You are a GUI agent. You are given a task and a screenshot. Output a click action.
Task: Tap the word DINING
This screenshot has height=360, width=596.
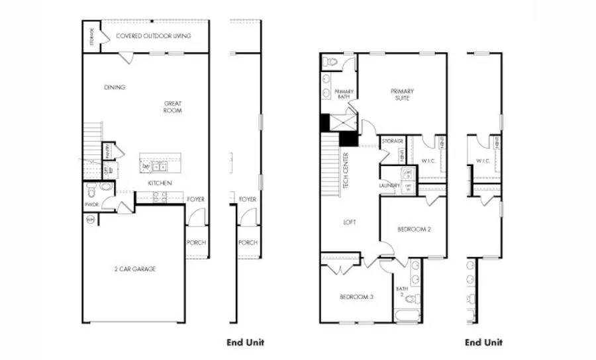point(115,87)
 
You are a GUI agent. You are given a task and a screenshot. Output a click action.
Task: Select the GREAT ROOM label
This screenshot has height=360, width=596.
point(173,107)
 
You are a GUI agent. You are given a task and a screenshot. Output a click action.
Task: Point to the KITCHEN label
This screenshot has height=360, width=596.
point(160,183)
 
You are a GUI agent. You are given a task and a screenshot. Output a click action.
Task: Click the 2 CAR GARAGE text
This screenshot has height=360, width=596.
point(135,269)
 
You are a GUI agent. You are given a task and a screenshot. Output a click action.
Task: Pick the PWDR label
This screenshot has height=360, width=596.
point(91,205)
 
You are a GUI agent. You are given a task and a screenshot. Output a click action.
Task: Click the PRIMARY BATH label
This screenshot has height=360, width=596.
point(344,94)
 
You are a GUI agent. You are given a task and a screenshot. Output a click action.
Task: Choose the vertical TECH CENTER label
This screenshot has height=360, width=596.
point(346,171)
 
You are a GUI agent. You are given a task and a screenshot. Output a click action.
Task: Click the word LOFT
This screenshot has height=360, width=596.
point(349,222)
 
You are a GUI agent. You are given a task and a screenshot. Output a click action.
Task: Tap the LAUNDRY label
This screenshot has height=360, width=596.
point(390,186)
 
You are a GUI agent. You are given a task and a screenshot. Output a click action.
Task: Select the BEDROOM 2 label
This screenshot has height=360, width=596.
point(414,230)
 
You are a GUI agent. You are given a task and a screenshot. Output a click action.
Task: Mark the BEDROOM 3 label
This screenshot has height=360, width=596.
point(356,297)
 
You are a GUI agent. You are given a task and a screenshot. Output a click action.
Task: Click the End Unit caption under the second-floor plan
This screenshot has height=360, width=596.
point(483,342)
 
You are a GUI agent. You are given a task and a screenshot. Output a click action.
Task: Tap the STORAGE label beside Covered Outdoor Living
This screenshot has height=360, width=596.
point(92,37)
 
